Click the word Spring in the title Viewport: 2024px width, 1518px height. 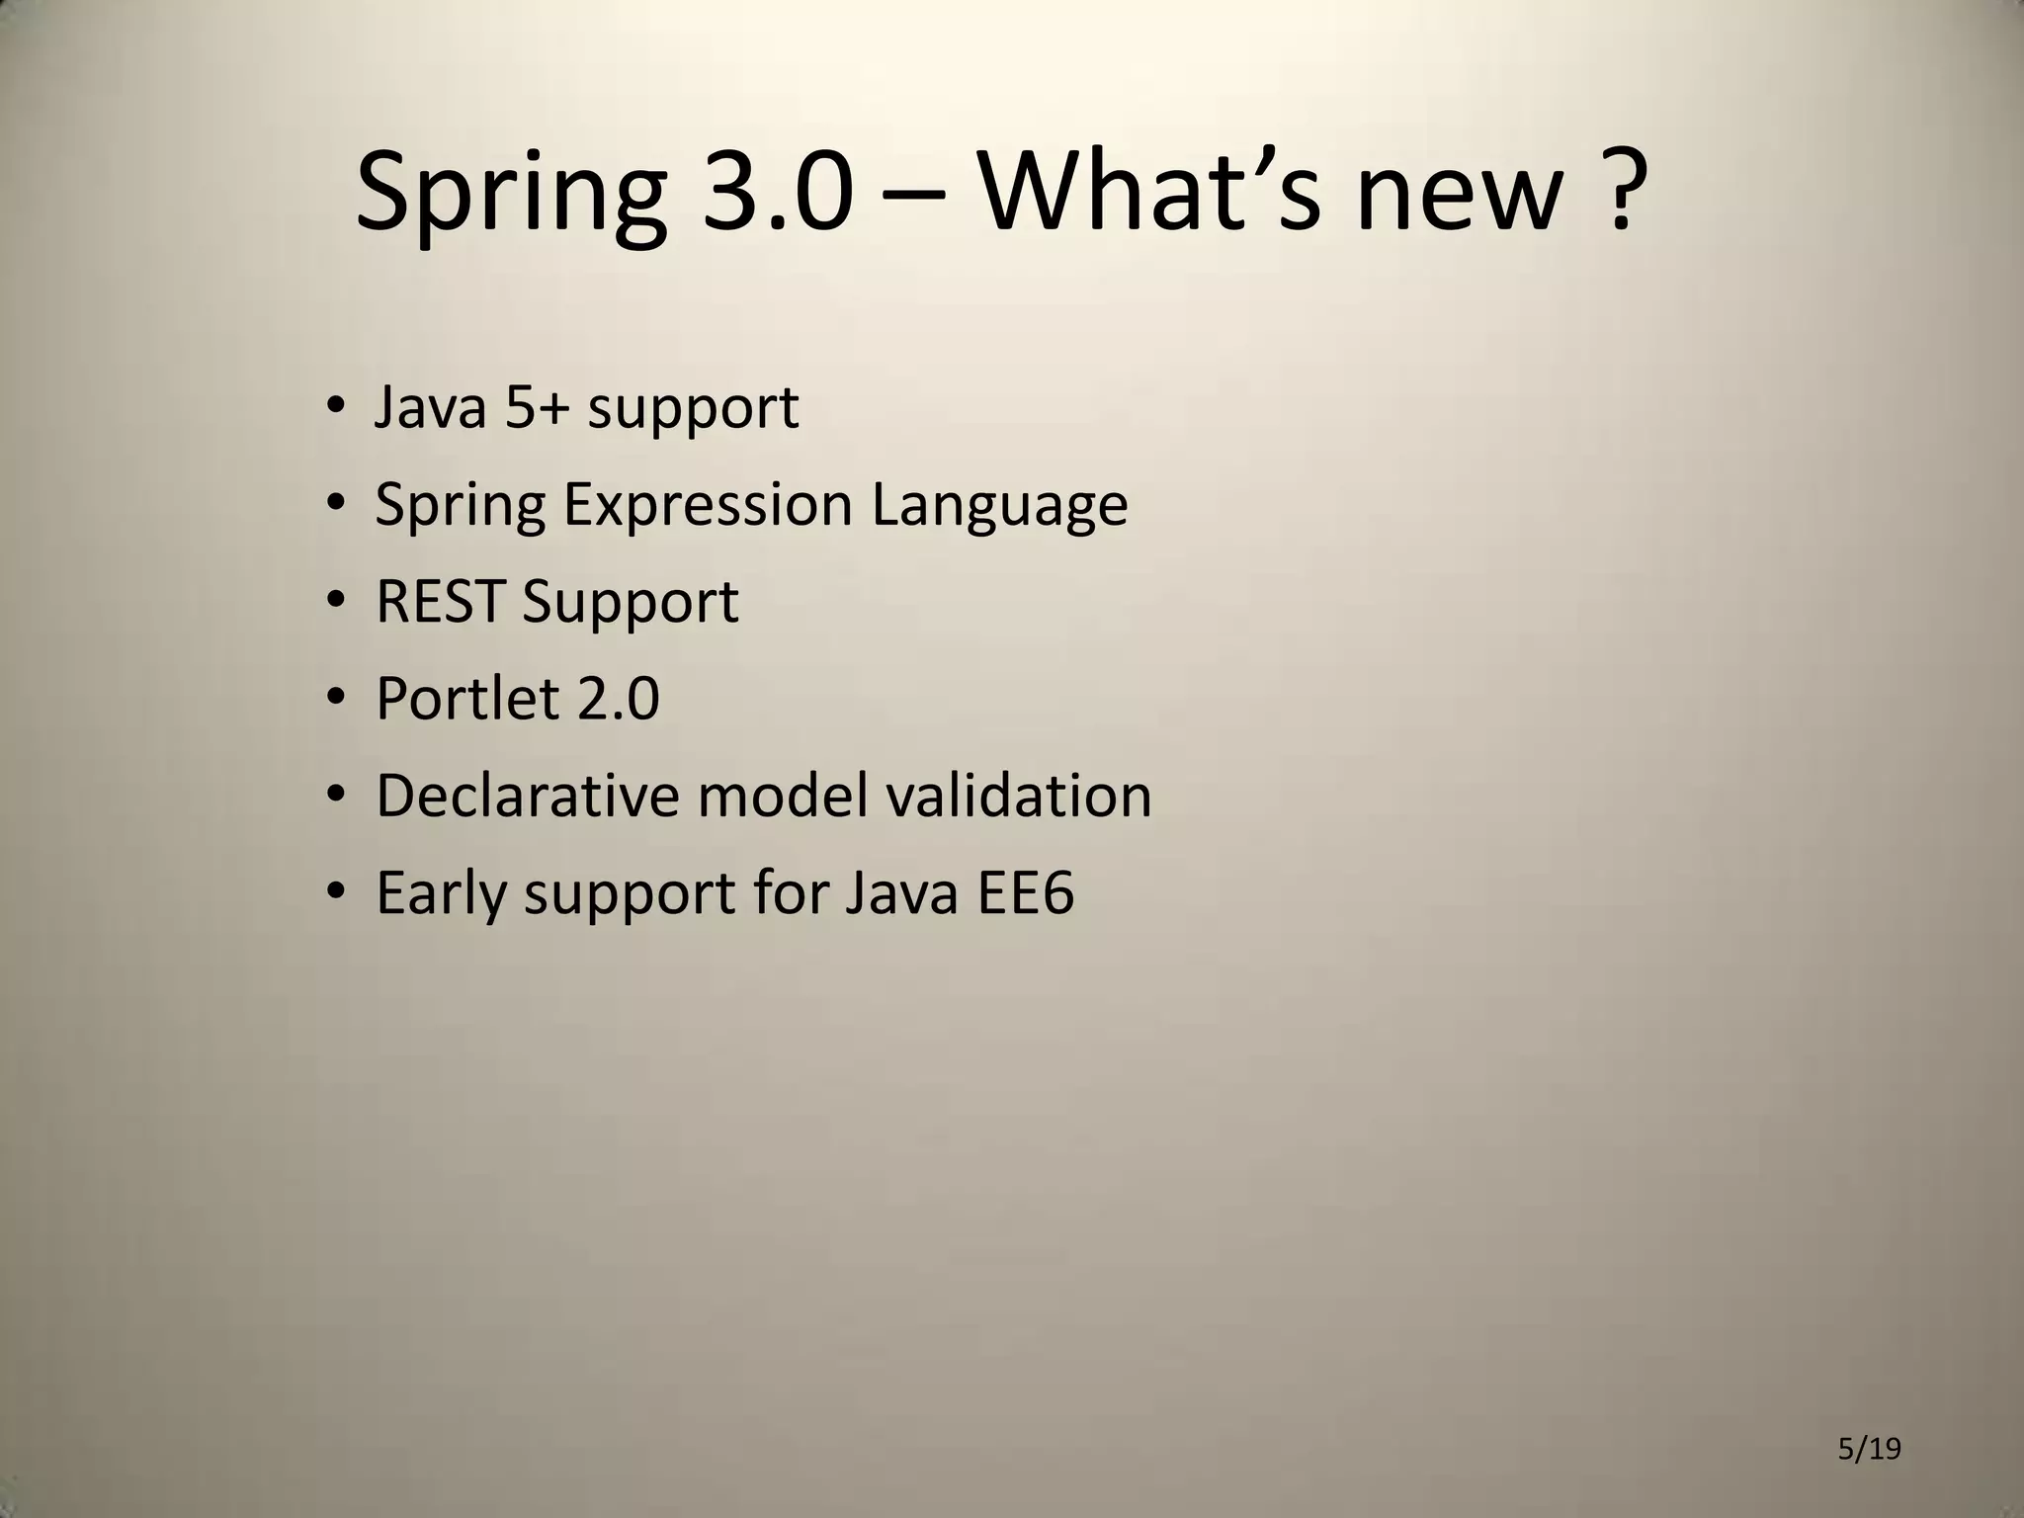(510, 193)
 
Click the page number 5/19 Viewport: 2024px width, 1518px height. (1869, 1450)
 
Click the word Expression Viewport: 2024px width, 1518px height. (708, 504)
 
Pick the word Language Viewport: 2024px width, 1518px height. (999, 506)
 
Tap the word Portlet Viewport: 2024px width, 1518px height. (467, 698)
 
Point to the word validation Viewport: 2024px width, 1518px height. (1018, 795)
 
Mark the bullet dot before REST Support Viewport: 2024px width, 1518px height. (336, 601)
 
